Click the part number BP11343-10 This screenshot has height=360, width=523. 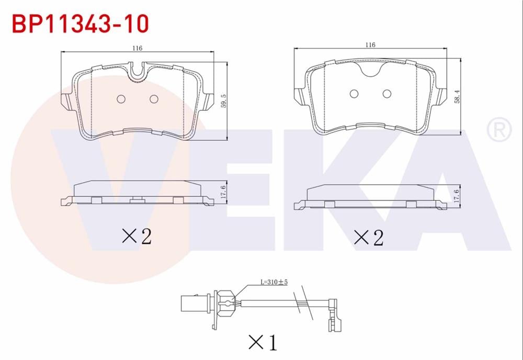[80, 23]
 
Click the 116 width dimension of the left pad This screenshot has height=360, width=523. [137, 48]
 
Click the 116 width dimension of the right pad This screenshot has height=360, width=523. [370, 45]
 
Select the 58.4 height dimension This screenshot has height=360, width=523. [456, 96]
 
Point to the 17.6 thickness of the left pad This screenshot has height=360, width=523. [223, 193]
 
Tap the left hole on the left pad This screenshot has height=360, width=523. [121, 99]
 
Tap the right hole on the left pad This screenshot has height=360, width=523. [154, 99]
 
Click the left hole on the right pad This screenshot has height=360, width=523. [354, 94]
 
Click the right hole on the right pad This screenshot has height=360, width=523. [387, 94]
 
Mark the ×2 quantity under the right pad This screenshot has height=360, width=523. [369, 238]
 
